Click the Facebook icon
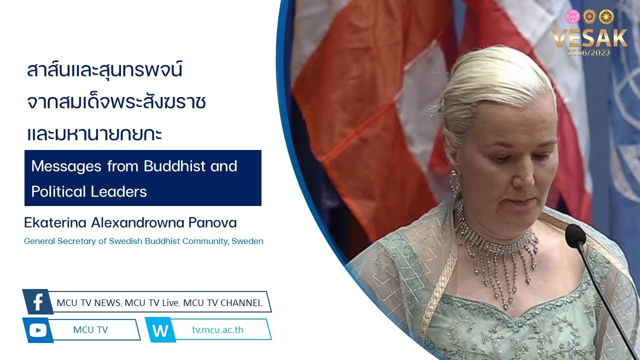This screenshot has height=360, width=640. click(x=38, y=302)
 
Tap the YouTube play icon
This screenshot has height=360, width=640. click(x=37, y=330)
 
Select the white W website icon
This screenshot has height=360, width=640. click(x=160, y=330)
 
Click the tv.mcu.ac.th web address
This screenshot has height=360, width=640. click(x=217, y=329)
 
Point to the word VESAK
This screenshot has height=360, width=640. click(x=589, y=37)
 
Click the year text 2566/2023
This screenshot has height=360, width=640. click(x=588, y=52)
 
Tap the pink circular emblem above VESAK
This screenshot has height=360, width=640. click(x=572, y=16)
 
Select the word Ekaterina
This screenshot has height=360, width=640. click(x=55, y=223)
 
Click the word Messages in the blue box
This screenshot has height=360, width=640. click(x=66, y=166)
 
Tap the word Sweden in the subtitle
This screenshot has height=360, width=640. click(x=247, y=241)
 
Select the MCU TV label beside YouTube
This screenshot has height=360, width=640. click(x=90, y=330)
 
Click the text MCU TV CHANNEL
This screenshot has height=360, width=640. click(x=222, y=303)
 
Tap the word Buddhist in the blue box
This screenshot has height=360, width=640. click(x=174, y=166)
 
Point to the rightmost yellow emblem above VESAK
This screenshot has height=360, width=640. click(x=606, y=17)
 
